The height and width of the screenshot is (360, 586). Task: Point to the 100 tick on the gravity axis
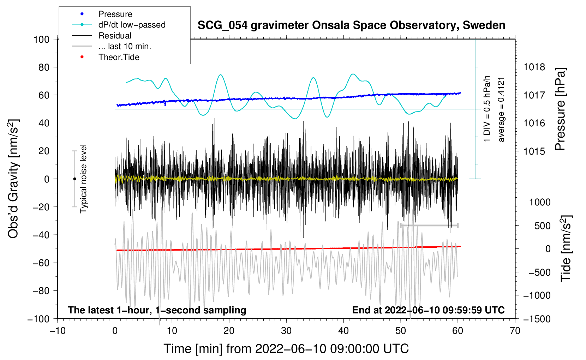pos(42,40)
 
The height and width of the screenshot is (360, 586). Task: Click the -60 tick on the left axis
pos(41,263)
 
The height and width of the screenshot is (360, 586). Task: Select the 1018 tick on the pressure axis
pos(534,67)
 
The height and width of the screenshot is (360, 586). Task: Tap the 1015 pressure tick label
pos(534,151)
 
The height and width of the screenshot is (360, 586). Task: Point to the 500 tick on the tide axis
pos(543,226)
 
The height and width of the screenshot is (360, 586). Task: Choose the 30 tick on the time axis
pos(286,331)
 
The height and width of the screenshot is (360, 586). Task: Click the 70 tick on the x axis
pos(515,331)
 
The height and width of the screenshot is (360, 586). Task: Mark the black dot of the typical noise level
pos(74,179)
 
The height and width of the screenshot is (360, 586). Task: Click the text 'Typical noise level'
pos(83,179)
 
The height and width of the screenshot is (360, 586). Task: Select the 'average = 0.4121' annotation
pos(501,110)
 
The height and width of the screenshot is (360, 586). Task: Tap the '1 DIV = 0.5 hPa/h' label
pos(487,109)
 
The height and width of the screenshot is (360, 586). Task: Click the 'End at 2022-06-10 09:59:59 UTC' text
pos(428,310)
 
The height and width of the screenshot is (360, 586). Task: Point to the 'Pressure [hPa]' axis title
pos(560,109)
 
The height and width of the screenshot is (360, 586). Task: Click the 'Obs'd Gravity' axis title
pos(13,179)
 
